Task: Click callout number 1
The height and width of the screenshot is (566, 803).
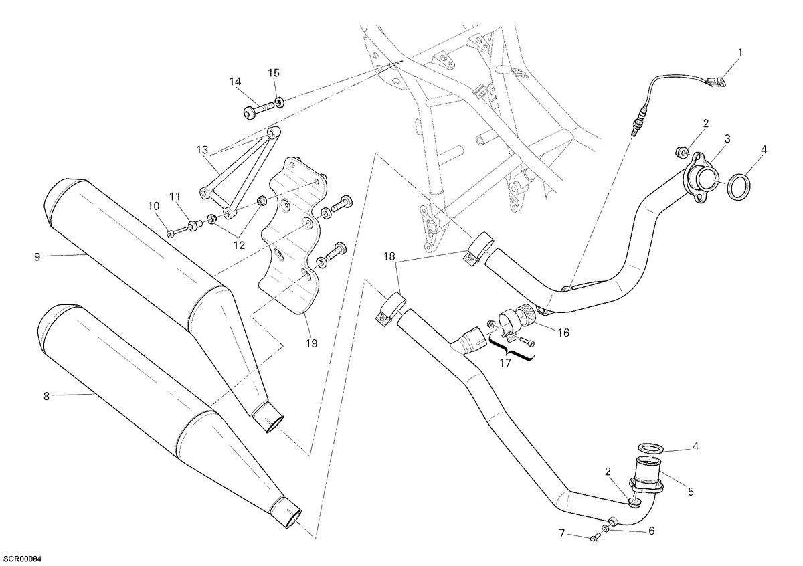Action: pos(740,53)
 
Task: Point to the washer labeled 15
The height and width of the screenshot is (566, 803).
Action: pos(280,102)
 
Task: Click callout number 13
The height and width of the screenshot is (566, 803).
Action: pos(202,149)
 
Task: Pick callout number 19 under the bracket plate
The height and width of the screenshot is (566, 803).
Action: pos(312,343)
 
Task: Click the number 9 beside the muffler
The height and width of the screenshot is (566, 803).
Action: pos(37,257)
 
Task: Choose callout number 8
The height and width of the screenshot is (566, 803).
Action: pos(46,397)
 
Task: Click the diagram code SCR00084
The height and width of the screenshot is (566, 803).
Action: pos(21,559)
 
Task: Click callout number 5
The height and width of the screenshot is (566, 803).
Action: pos(691,492)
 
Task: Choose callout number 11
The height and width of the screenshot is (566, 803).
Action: pos(175,197)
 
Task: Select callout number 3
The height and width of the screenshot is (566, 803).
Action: pos(727,138)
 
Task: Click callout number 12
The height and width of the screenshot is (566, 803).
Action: pos(239,245)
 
